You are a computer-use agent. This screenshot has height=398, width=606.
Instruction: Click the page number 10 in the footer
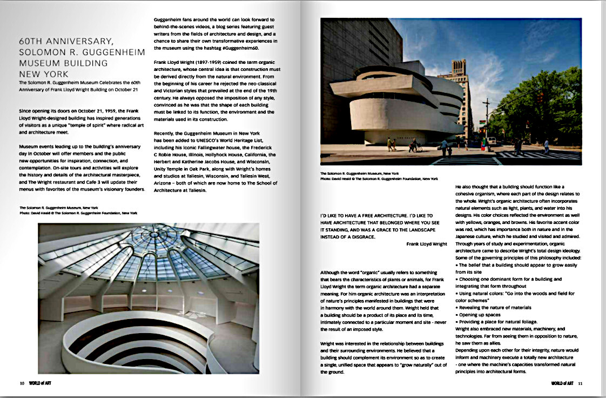22,383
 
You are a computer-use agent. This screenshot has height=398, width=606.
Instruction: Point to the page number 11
580,383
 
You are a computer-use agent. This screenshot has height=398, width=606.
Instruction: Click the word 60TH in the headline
33,41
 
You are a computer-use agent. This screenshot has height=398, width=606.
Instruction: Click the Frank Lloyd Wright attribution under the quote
427,244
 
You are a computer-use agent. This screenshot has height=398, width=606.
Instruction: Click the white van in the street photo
491,141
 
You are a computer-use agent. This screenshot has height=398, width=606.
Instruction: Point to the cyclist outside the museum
413,144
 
